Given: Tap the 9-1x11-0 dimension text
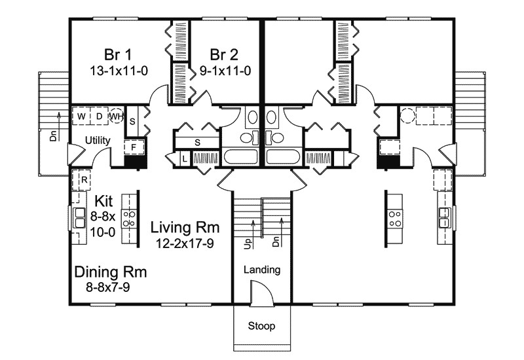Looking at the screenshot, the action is (x=225, y=71).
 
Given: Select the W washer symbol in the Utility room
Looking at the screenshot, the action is (x=81, y=117).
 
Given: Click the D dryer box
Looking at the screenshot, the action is (x=100, y=117).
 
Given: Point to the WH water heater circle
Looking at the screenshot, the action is (x=117, y=117).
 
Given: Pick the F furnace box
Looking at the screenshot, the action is (x=134, y=147).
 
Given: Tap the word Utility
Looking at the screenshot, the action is (x=98, y=140).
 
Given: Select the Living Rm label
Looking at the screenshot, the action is (x=185, y=227).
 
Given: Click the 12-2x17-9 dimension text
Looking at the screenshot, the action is (x=185, y=243).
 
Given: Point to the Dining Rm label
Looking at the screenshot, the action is (x=111, y=272).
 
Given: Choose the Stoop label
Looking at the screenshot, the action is (x=261, y=325).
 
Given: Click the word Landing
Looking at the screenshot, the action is (x=262, y=270).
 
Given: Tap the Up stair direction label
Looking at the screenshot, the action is (x=248, y=243).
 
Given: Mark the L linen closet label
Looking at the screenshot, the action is (x=185, y=159).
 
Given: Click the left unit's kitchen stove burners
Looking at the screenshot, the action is (x=128, y=219).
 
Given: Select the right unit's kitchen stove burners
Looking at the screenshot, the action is (x=395, y=219).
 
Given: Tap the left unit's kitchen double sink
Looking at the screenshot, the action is (x=79, y=218).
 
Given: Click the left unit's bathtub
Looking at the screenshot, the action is (x=240, y=157).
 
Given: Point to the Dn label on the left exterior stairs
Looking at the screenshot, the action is (x=54, y=135).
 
